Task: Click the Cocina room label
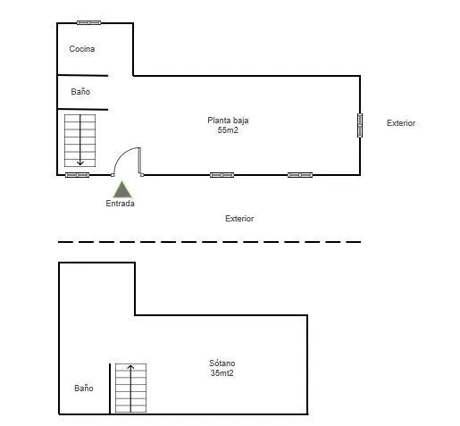pos(82,49)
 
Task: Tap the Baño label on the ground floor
pos(80,91)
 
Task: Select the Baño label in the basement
pos(84,388)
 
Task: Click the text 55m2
pos(228,130)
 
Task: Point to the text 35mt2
pos(222,373)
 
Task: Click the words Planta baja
pos(228,121)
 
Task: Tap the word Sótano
pos(222,363)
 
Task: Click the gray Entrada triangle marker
pos(122,189)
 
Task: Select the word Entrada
pos(120,204)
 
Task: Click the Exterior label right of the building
pos(401,123)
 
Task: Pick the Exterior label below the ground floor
pos(239,219)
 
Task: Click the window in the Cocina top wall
pos(88,22)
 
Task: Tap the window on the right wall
pos(360,125)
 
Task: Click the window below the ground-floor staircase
pos(77,175)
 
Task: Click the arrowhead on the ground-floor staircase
pos(80,163)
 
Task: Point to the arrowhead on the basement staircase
pos(130,367)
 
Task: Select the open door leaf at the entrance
pos(139,161)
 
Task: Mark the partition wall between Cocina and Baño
pos(82,75)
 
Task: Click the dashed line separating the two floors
pos(210,242)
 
